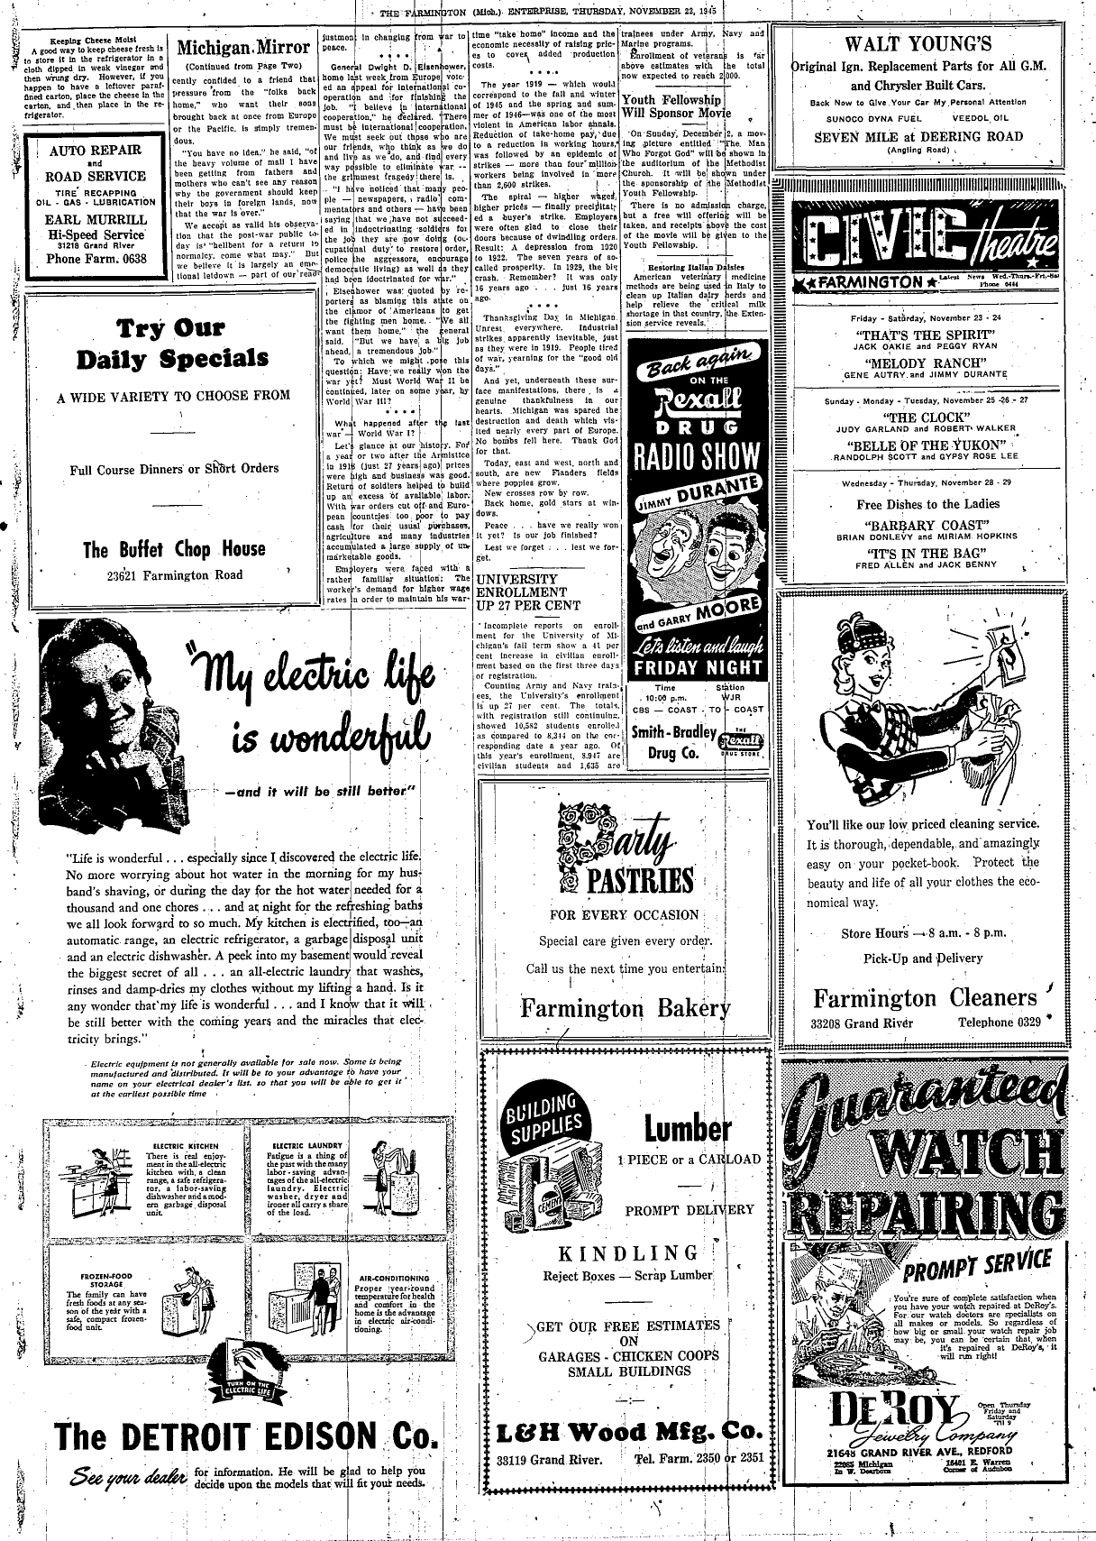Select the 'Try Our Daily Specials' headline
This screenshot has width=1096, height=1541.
click(x=172, y=344)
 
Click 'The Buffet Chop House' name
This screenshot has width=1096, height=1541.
click(x=174, y=549)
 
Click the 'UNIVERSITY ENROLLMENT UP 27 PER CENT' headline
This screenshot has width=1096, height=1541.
click(x=530, y=592)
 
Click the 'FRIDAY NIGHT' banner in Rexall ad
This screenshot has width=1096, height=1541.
click(x=697, y=667)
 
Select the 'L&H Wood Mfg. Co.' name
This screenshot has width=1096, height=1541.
click(x=629, y=1431)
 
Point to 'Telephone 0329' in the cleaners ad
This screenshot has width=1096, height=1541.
click(x=1000, y=1023)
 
